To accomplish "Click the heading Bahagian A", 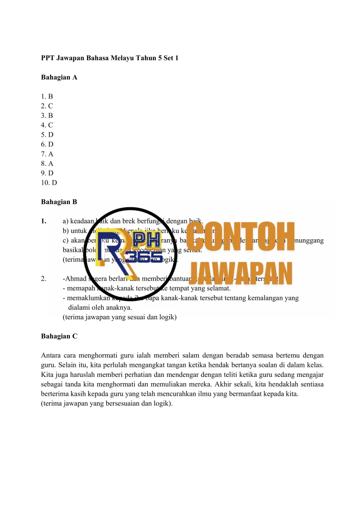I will [59, 77].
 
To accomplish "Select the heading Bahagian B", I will [59, 202].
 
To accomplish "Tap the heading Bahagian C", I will [59, 336].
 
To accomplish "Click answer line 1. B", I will [47, 96].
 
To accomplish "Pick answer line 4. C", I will [47, 125].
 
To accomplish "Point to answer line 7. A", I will [47, 154].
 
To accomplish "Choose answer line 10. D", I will [49, 183].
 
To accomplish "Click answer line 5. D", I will [47, 134].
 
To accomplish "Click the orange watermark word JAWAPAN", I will [241, 272].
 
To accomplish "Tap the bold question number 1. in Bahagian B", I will [44, 221].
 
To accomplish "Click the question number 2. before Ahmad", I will [44, 279].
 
